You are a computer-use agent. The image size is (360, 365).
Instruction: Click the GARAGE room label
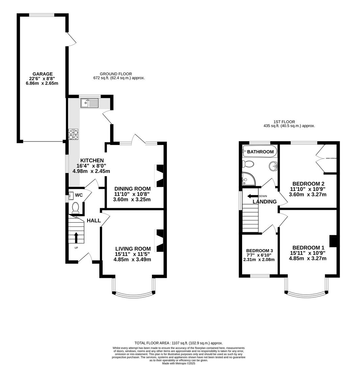tap(43, 74)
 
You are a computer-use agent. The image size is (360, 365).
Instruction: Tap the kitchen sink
tap(89, 103)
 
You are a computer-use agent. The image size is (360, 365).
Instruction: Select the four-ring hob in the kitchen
tap(73, 135)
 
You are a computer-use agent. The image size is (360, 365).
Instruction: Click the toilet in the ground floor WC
tap(75, 207)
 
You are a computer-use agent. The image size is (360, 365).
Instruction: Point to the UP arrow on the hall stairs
tap(76, 238)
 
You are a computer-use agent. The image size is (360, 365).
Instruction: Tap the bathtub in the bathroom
tap(260, 151)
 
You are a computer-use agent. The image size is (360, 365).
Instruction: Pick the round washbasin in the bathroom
tap(273, 166)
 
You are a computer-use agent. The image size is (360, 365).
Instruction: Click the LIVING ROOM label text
tap(133, 249)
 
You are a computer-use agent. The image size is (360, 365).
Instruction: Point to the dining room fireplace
tap(159, 176)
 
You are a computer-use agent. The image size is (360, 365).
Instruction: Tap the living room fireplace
tap(159, 241)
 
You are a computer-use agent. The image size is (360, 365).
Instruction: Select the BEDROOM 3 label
tap(259, 250)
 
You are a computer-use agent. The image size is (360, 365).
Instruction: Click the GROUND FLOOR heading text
tap(115, 74)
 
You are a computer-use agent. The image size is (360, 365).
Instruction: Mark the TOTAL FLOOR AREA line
tap(178, 343)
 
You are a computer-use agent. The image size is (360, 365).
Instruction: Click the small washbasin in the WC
tap(71, 196)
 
